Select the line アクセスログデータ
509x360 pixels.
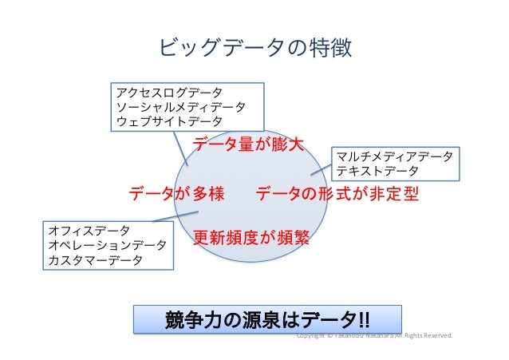click(x=167, y=93)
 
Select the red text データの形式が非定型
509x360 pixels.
click(x=337, y=193)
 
